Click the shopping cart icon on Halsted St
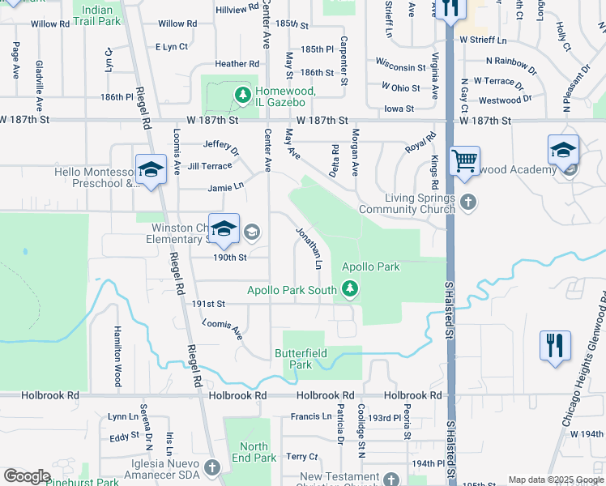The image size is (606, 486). click(x=464, y=160)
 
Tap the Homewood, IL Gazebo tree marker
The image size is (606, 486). click(x=241, y=96)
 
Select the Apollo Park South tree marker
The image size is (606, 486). click(x=350, y=288)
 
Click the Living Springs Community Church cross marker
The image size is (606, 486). click(x=467, y=200)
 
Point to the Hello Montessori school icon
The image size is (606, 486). click(x=150, y=168)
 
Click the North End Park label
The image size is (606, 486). click(x=254, y=453)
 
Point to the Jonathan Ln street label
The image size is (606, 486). click(x=309, y=249)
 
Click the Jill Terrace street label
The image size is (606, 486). click(x=209, y=165)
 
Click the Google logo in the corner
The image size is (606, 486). click(x=27, y=476)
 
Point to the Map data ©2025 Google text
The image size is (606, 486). click(x=555, y=480)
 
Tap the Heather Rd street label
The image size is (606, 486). click(x=231, y=64)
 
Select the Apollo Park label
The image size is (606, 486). click(x=370, y=266)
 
